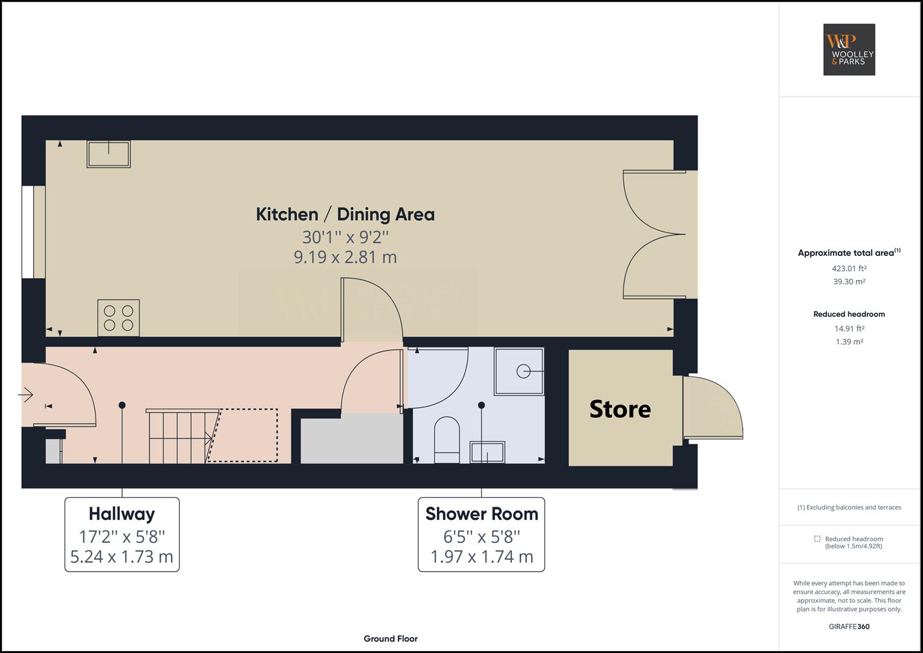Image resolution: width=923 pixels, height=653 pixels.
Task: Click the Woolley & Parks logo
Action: (x=849, y=50)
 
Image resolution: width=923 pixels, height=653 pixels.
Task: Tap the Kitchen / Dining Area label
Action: (x=345, y=215)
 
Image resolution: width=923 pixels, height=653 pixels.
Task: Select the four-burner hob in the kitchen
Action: (x=118, y=318)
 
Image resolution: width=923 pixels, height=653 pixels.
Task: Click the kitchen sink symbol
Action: (x=109, y=154)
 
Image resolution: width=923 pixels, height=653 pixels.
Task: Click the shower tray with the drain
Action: (x=519, y=371)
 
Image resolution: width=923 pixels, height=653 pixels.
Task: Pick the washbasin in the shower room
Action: (x=488, y=452)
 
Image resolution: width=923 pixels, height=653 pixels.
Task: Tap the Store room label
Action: (x=620, y=409)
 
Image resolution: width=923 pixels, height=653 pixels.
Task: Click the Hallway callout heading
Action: (x=122, y=514)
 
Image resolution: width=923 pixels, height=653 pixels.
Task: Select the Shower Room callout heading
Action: (x=482, y=514)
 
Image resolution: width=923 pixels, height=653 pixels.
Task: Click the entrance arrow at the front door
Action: (x=25, y=395)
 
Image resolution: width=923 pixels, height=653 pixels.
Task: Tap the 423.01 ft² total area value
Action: (x=849, y=268)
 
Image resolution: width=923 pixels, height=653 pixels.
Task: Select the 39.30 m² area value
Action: (x=849, y=282)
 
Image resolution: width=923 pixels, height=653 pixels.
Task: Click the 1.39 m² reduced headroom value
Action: (x=849, y=342)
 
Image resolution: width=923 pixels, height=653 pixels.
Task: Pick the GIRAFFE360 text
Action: (x=849, y=626)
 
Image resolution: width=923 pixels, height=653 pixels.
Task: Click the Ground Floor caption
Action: (x=390, y=638)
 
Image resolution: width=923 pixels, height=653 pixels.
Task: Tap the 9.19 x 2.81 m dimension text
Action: (x=345, y=258)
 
